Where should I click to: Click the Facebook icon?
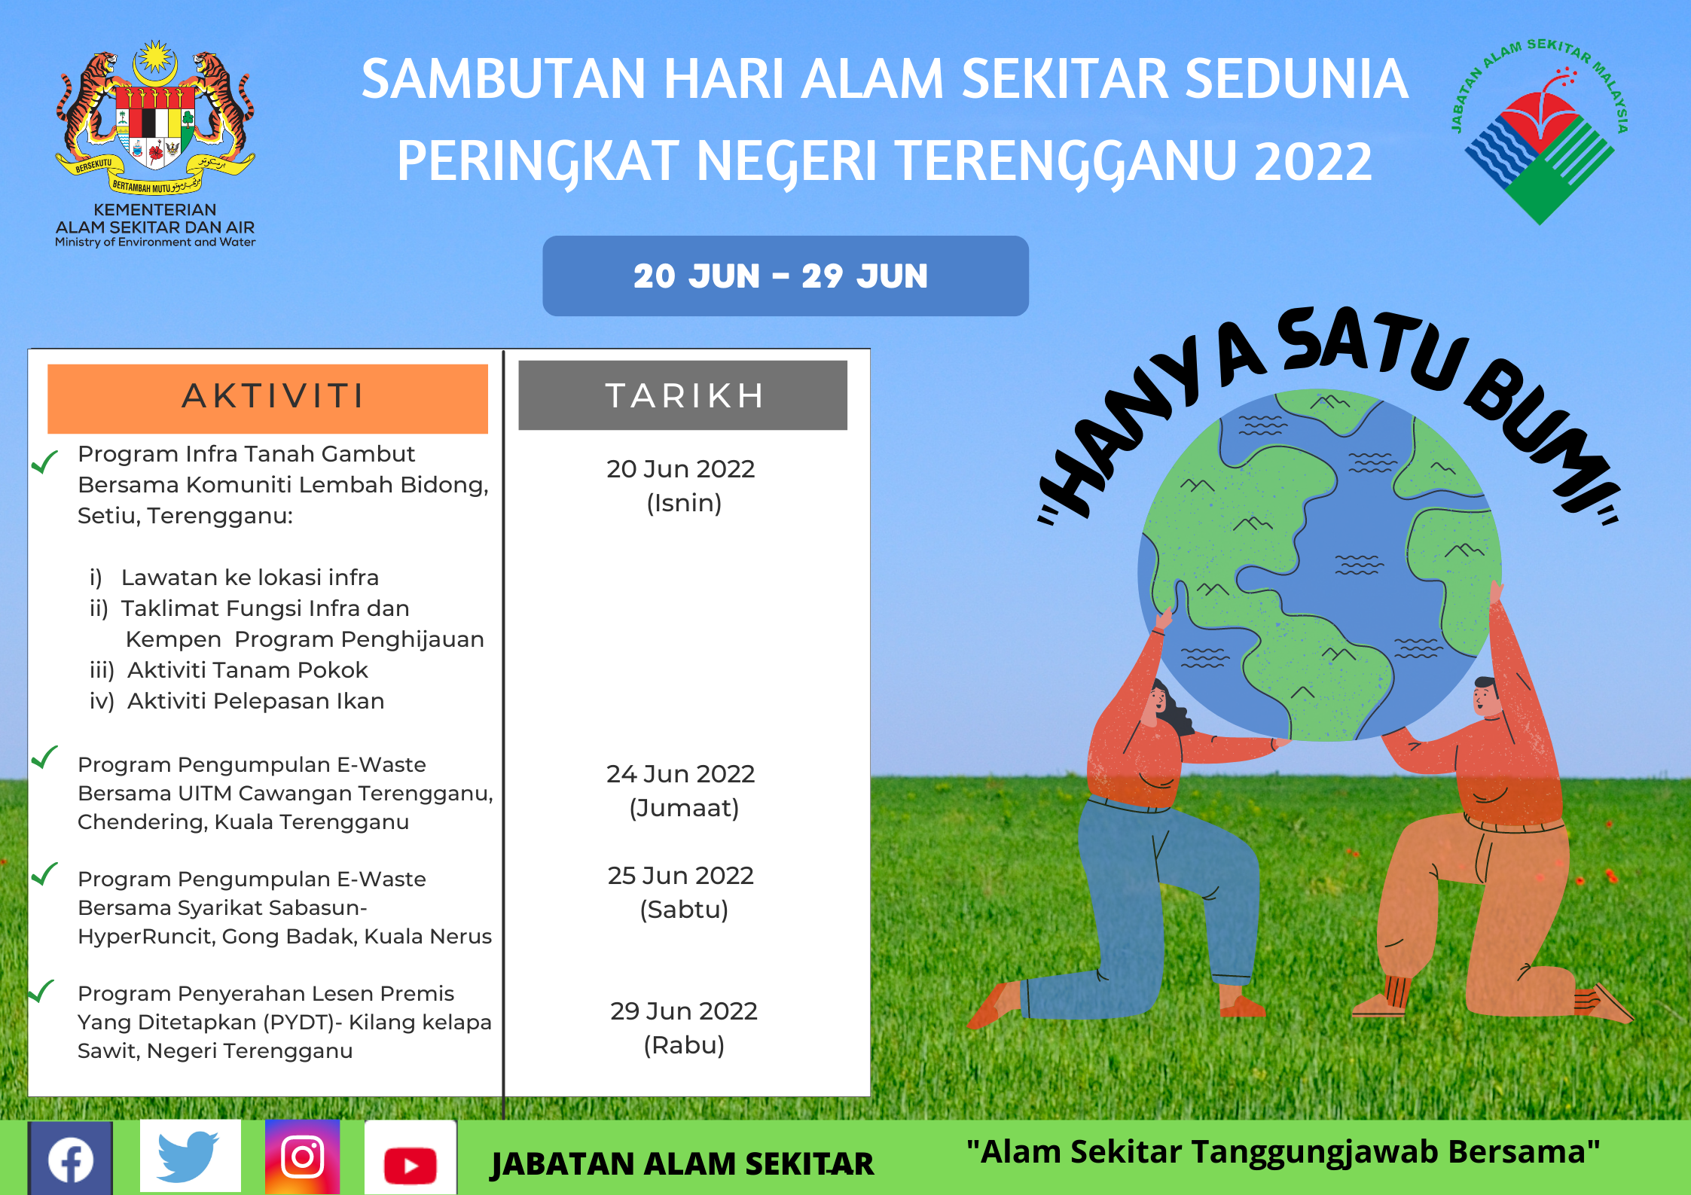71,1158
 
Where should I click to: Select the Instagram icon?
303,1157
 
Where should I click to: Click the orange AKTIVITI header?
267,398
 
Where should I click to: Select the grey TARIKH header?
682,395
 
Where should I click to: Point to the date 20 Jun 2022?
681,469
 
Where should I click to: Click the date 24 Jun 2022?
681,774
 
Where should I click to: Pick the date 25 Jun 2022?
681,876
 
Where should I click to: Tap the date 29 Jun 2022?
684,1011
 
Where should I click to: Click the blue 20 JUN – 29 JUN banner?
786,276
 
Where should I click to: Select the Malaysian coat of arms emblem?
155,117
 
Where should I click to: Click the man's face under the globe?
1486,697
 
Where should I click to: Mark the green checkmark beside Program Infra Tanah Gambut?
44,461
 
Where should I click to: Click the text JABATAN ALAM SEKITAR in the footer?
682,1164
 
